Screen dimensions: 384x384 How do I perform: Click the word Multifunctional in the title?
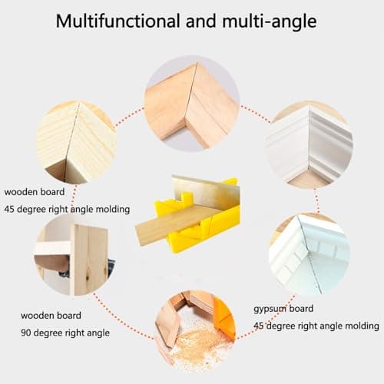coord(113,21)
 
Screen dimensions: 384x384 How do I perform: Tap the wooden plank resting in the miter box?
coord(169,223)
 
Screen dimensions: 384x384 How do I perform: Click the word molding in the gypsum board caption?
coord(362,326)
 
